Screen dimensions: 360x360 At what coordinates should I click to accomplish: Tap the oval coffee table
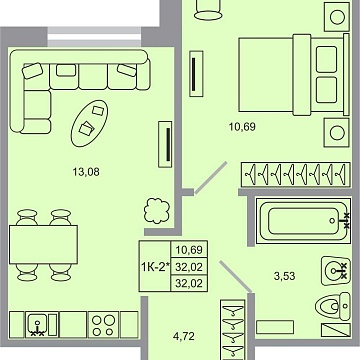click(x=93, y=120)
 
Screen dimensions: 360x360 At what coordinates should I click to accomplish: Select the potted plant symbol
click(x=128, y=211)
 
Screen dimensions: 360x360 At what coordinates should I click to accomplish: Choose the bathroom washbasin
click(x=335, y=268)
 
